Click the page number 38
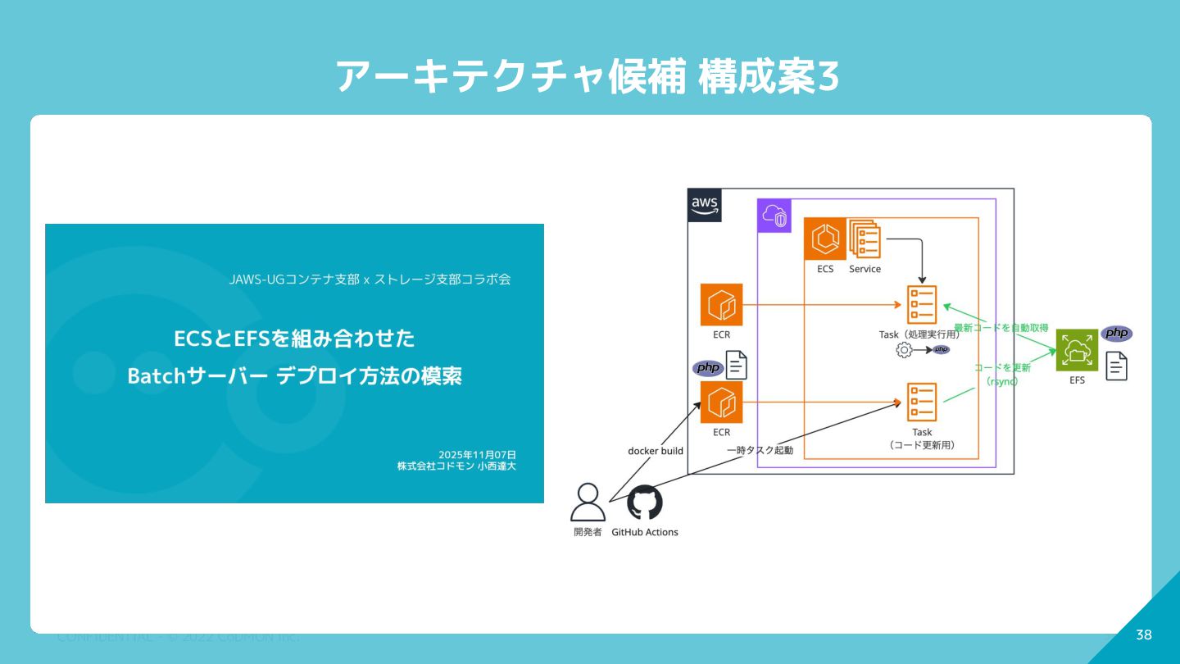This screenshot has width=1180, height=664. pos(1144,635)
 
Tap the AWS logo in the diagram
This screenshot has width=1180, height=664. pos(705,205)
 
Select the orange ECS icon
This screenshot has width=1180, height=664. pos(824,239)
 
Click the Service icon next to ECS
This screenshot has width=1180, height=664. pos(865,239)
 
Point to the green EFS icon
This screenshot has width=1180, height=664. pos(1077,350)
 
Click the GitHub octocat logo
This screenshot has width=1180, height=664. pos(645,503)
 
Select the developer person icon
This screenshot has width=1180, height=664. pos(588,503)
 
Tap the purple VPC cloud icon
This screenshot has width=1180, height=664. pos(774,216)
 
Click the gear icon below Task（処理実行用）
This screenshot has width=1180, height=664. pos(904,350)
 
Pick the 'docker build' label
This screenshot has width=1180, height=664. pos(656,451)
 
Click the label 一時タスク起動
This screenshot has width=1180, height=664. pos(760,450)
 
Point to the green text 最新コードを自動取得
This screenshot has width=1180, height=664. pos(1001,328)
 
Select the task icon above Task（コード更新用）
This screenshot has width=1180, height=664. pos(922,402)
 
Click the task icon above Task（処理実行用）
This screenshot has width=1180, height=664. pos(922,305)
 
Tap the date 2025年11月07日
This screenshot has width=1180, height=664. pos(477,454)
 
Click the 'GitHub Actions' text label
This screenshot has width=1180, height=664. pos(645,532)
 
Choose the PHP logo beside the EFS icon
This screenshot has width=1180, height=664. pos(1116,334)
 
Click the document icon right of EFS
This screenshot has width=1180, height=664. pos(1116,366)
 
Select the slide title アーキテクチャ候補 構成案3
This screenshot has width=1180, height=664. pos(588,77)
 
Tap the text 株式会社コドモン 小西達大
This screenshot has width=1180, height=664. pos(456,466)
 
